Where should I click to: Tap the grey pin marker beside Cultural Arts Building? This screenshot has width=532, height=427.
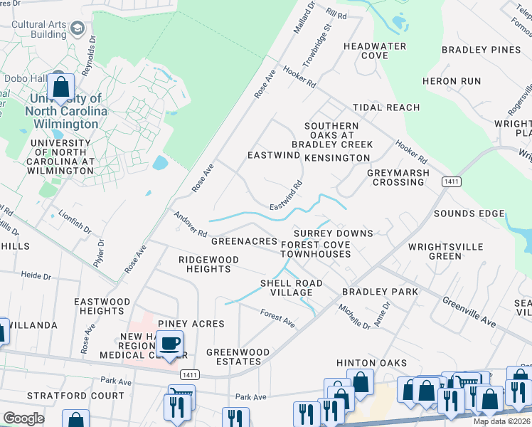click(77, 29)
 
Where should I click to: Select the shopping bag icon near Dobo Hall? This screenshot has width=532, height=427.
click(62, 88)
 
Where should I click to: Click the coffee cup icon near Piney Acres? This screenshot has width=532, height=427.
click(170, 344)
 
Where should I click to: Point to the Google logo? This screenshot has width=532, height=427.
click(23, 418)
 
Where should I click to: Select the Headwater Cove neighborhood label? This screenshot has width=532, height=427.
click(375, 51)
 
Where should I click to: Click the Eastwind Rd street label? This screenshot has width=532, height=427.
click(287, 195)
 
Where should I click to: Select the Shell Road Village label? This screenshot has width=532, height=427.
click(291, 288)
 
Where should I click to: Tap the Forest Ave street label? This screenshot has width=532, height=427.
click(277, 317)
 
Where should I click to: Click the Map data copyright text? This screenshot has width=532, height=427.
click(501, 421)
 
